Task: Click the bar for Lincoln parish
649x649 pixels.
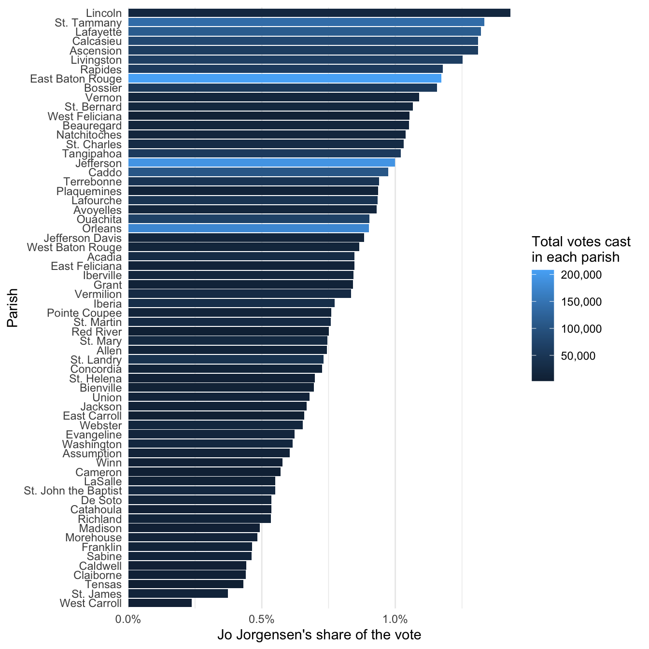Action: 319,13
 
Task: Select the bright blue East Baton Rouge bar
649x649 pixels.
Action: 285,78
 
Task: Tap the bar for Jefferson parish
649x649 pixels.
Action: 261,163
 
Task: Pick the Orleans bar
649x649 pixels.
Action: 248,228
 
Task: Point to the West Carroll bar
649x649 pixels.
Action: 160,603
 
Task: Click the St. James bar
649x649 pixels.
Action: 178,593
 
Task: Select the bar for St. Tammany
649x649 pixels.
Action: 306,22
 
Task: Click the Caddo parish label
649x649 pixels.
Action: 105,172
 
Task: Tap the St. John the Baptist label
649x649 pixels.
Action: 72,491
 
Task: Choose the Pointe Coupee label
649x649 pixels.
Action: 84,313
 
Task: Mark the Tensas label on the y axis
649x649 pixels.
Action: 103,584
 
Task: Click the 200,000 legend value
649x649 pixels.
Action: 581,275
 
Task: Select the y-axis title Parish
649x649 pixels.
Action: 13,308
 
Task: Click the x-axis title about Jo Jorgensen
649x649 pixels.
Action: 319,635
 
